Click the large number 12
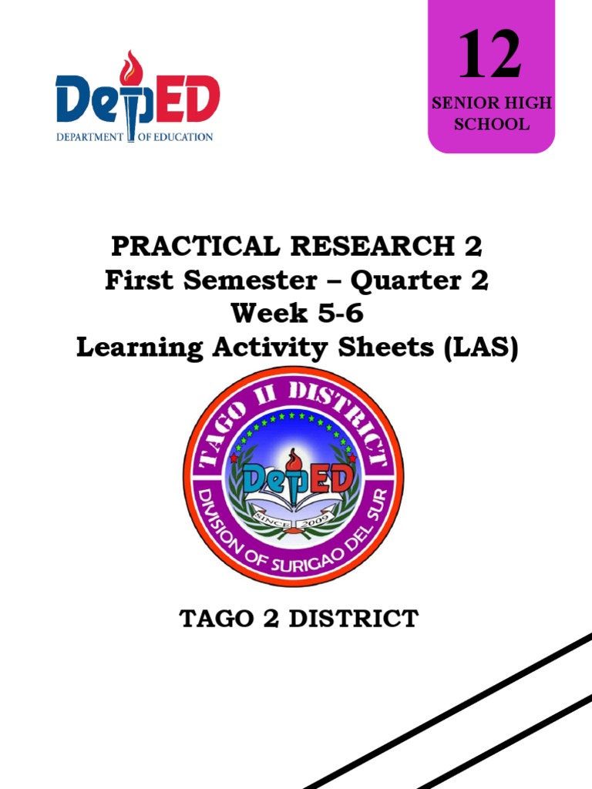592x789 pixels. (490, 55)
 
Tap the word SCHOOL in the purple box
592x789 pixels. (491, 124)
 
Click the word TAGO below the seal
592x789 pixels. (213, 619)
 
